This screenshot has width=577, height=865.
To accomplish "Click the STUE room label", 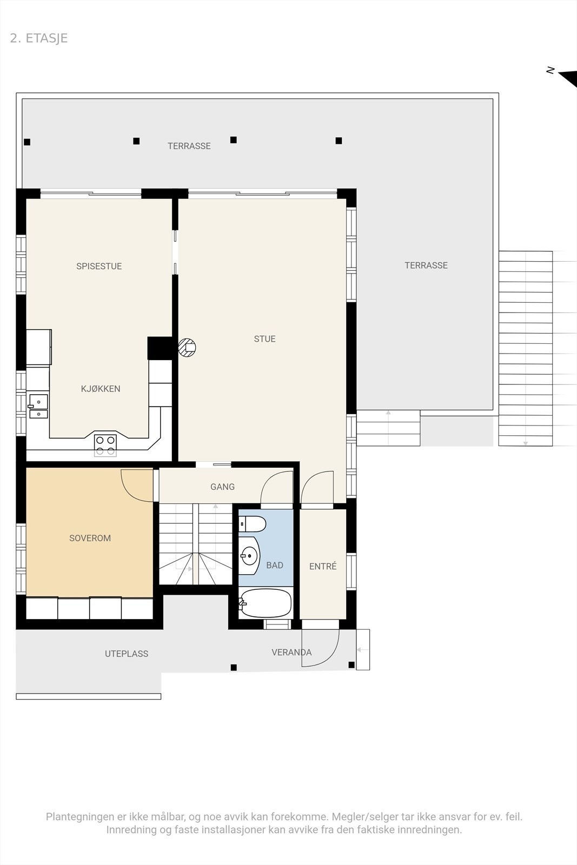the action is [264, 338].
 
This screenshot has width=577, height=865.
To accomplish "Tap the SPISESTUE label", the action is [99, 266].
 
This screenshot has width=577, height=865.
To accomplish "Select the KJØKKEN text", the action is [101, 389].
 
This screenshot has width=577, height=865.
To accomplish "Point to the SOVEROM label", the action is [90, 538].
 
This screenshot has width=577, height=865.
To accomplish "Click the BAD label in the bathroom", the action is [275, 565].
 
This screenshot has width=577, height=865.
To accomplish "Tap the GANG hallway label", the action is [222, 487].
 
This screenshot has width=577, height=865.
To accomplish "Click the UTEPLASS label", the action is [127, 654].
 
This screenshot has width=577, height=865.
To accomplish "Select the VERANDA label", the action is [291, 652].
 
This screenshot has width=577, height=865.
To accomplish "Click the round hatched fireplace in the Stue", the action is [187, 348].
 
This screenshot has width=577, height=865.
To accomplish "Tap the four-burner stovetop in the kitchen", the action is [105, 445].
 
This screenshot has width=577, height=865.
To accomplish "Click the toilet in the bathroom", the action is [252, 524].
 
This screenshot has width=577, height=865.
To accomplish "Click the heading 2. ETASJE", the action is [38, 38].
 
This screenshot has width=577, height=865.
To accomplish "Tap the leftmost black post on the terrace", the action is [27, 142].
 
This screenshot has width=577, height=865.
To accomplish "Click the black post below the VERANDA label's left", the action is [234, 667].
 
